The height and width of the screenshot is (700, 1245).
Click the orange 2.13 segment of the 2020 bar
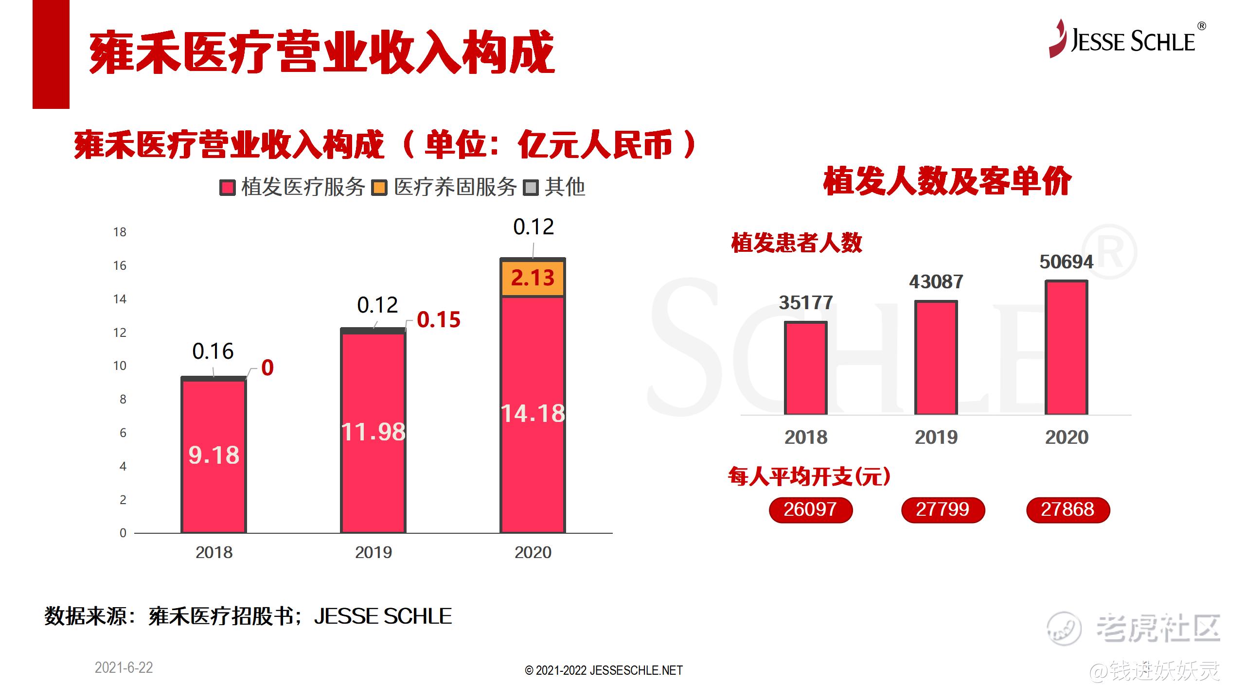point(533,278)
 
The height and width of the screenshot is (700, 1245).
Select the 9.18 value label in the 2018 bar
point(214,455)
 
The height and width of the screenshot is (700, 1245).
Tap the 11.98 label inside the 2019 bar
point(373,432)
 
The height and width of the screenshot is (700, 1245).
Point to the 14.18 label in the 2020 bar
point(533,414)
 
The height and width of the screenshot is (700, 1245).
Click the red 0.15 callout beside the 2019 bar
point(439,320)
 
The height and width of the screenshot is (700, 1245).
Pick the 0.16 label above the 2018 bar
point(213,351)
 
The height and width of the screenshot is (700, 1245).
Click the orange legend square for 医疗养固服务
point(379,188)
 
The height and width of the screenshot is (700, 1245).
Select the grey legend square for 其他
point(531,188)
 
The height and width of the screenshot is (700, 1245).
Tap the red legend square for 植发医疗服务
point(228,188)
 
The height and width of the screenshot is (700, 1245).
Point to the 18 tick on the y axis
point(120,232)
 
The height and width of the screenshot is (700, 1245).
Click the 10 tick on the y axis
point(120,366)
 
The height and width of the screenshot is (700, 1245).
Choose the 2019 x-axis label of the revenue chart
point(373,553)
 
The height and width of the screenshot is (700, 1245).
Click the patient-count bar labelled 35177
point(806,368)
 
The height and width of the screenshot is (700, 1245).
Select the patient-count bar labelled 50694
point(1067,348)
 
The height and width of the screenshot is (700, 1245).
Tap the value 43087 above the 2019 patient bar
point(936,282)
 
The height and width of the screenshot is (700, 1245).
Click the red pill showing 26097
point(811,510)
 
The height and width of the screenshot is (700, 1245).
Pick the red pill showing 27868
point(1068,510)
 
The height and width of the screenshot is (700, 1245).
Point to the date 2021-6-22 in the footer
point(124,668)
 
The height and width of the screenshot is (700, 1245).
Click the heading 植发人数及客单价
point(947,181)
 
